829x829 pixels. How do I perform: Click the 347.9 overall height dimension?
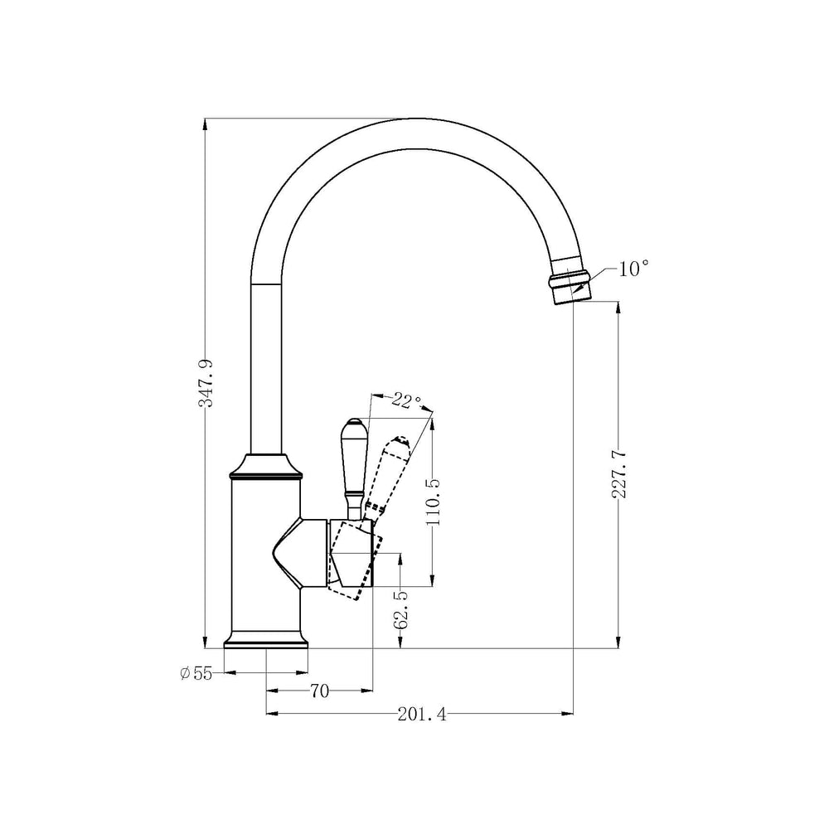tap(206, 383)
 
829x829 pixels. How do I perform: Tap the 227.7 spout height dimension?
tap(619, 474)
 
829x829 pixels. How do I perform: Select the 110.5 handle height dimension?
tap(433, 502)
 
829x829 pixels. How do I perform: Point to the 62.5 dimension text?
tap(400, 609)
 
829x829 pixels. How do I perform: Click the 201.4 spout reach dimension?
tap(422, 715)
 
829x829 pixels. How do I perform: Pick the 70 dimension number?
tap(319, 691)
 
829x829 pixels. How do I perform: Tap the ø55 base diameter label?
tap(196, 673)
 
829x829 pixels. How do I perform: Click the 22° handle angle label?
tap(406, 400)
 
